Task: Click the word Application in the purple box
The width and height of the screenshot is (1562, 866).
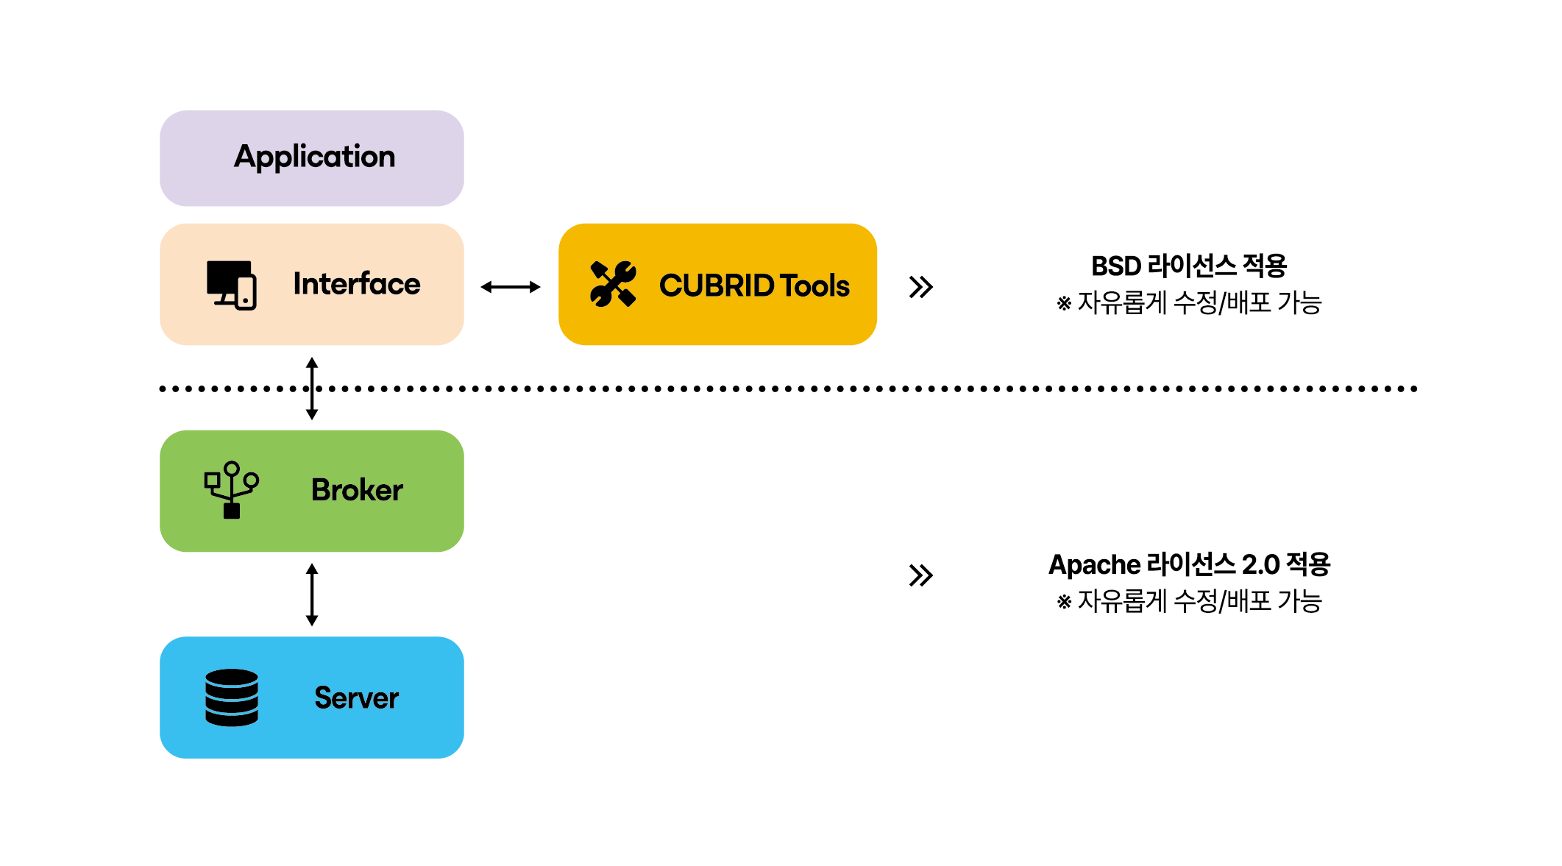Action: (314, 157)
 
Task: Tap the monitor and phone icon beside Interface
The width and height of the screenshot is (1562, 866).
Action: (232, 285)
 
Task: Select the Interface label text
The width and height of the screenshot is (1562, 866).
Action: (357, 284)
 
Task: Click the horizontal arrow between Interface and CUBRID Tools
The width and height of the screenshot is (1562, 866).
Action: (511, 287)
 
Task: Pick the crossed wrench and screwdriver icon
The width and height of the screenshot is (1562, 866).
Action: (613, 284)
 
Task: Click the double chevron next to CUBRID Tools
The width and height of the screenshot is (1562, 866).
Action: (920, 287)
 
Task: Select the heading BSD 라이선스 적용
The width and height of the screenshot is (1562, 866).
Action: (1188, 266)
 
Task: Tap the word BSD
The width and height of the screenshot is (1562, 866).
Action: (1115, 266)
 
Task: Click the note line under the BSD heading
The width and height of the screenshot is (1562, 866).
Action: (1189, 303)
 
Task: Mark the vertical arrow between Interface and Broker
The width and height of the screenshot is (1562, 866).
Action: (312, 388)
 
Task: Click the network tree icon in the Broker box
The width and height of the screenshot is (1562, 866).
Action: (232, 490)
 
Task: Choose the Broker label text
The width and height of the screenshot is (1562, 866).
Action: (357, 491)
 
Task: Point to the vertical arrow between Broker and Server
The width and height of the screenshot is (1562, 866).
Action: (312, 595)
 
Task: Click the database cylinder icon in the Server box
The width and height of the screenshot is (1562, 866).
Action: (232, 698)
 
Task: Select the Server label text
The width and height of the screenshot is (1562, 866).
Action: (357, 698)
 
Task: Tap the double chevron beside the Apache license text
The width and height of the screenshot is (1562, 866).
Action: (920, 575)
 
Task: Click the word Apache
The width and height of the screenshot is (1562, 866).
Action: (1094, 565)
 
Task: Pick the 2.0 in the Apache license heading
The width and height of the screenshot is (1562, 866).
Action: (1260, 565)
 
